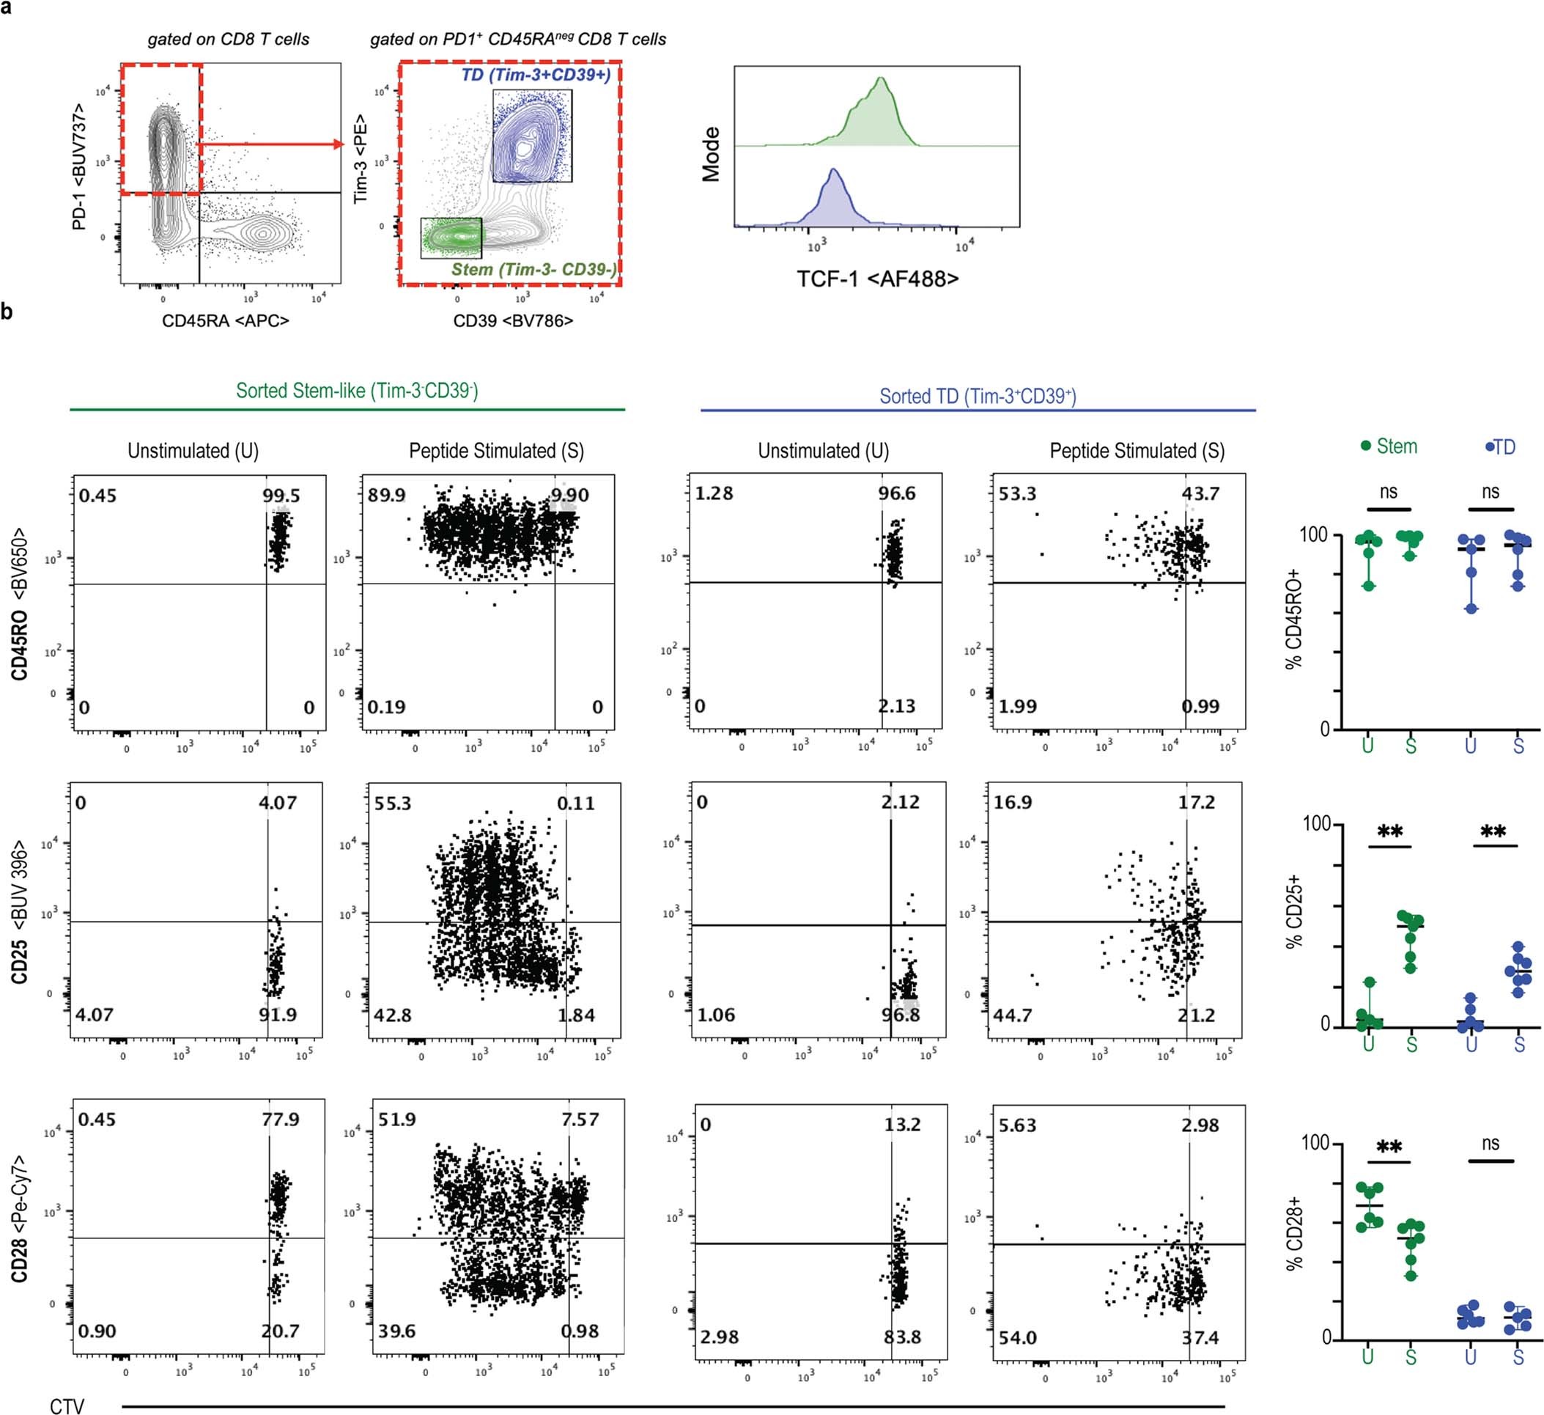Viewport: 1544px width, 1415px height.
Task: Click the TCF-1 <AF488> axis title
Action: click(877, 278)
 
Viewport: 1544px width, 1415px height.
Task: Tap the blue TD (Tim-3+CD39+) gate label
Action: click(536, 75)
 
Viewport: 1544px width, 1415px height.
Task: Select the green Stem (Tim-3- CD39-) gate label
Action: click(533, 269)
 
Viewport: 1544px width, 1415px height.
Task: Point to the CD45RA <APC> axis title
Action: click(225, 320)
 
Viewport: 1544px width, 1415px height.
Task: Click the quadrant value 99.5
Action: click(281, 496)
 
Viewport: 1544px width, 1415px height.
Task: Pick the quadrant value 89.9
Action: click(386, 496)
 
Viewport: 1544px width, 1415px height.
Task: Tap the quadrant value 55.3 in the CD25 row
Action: click(392, 804)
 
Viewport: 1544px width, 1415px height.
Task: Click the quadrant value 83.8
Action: click(901, 1337)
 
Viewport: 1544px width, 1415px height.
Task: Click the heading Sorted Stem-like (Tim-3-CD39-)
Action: click(357, 391)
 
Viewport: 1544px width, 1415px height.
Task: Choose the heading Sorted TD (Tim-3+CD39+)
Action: click(978, 396)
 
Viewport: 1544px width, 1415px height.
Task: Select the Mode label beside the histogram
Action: click(712, 154)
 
